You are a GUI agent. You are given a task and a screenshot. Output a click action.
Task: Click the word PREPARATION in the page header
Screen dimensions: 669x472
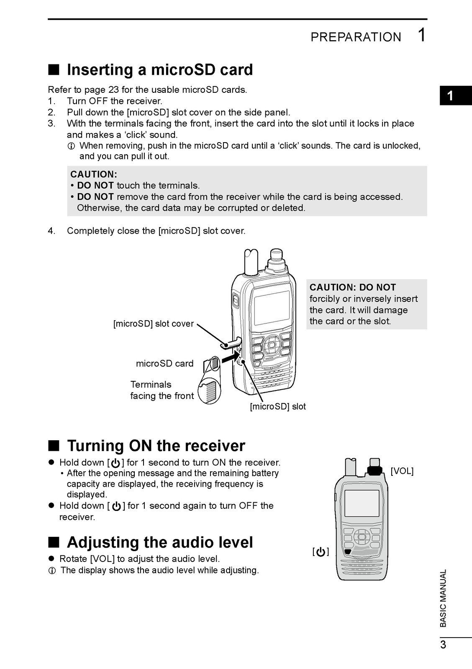coord(355,37)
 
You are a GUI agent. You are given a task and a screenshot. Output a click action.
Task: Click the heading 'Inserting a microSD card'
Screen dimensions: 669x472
coord(159,69)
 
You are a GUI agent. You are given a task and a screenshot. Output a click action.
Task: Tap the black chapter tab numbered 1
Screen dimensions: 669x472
coord(450,96)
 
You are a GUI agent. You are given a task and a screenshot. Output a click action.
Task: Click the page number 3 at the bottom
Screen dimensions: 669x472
coord(443,645)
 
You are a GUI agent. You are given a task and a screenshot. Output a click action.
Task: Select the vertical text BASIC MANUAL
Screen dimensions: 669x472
coord(443,598)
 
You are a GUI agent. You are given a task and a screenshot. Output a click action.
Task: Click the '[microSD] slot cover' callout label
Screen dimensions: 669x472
coord(153,324)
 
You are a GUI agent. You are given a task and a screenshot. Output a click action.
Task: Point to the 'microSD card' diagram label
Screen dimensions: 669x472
coord(164,363)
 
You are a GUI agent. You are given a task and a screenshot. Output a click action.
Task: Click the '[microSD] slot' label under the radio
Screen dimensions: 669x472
coord(277,406)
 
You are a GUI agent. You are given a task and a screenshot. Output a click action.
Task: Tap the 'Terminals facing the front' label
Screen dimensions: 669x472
coord(162,390)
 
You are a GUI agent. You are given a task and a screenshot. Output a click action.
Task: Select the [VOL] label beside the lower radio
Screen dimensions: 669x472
coord(402,471)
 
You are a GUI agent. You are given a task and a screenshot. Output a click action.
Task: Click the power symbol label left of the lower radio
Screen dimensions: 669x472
coord(321,552)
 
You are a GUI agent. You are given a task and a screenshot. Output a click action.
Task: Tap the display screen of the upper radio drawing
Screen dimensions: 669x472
coord(272,308)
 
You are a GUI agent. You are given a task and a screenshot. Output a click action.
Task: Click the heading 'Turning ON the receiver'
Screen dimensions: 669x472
coord(156,446)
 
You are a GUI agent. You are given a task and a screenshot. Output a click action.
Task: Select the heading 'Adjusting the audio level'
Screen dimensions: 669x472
coord(159,542)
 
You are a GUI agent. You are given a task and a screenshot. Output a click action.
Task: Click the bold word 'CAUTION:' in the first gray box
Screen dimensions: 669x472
coord(94,174)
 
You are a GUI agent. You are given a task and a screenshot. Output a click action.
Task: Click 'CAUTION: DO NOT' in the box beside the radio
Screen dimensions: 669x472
coord(352,287)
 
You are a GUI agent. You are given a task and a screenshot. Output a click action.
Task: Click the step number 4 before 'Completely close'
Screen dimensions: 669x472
coord(51,231)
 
